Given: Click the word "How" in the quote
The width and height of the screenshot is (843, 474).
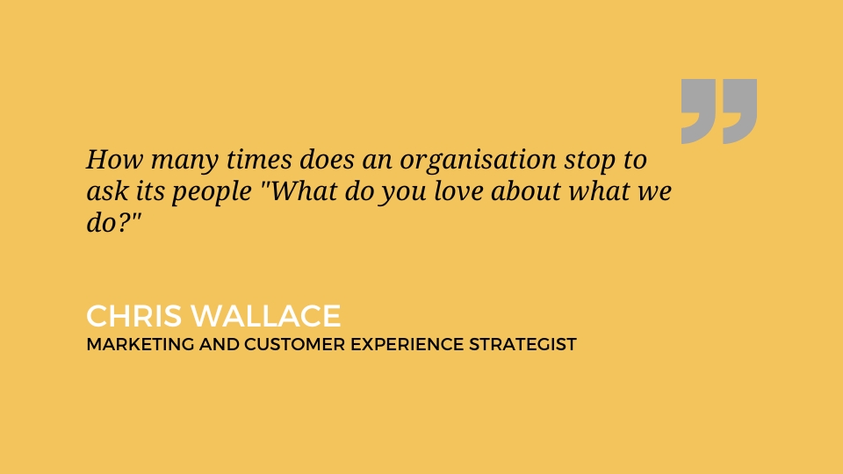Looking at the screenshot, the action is (114, 159).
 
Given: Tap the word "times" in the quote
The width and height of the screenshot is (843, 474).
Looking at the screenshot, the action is (259, 159).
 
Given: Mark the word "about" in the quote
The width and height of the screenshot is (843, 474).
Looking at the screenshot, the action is (526, 190).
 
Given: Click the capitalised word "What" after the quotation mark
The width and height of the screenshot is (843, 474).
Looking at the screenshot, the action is (303, 190).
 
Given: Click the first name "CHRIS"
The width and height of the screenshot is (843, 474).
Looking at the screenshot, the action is (133, 315).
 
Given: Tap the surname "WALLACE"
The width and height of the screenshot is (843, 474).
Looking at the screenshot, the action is (266, 315).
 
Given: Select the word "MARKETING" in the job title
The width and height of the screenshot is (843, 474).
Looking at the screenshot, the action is (140, 344).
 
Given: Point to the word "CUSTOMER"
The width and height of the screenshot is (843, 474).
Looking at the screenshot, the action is (295, 344).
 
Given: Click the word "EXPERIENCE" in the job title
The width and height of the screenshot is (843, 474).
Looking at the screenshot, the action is (407, 344).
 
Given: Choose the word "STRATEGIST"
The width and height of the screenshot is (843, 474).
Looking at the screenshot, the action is (522, 344).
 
